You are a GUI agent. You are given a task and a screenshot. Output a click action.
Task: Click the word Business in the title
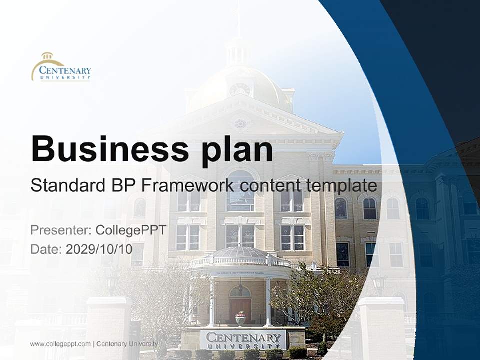(110, 149)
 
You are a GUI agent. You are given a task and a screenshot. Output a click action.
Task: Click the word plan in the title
(237, 151)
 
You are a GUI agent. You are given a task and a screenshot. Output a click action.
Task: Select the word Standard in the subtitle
(68, 185)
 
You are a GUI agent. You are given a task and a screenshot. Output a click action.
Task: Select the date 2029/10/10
(99, 249)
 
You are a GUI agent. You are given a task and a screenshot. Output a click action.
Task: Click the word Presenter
(61, 230)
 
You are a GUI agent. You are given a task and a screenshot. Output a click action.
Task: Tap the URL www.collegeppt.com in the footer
(60, 344)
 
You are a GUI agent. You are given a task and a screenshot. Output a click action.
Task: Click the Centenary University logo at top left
(61, 66)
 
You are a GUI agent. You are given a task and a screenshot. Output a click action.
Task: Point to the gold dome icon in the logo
(48, 56)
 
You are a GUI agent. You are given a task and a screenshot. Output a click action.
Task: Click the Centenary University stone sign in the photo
(243, 340)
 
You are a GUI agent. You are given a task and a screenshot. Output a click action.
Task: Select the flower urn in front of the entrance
(240, 318)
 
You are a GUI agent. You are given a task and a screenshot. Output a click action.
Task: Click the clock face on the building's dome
(240, 89)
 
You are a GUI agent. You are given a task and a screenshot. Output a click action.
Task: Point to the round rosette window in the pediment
(240, 124)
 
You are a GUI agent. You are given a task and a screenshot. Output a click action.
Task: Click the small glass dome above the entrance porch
(240, 252)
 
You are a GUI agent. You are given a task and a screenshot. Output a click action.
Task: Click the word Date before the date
(46, 249)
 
